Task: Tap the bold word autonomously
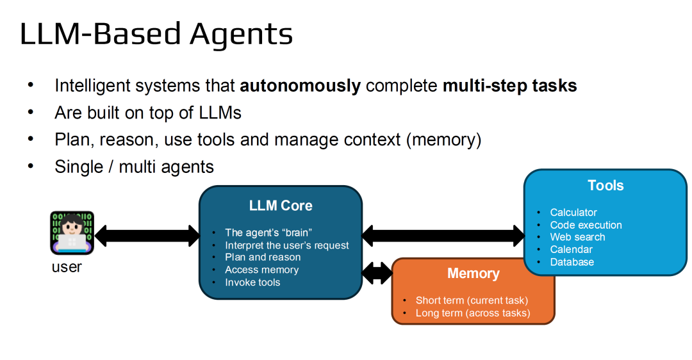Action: pos(300,86)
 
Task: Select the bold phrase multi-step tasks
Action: pos(510,86)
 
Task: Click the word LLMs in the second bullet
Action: pos(220,113)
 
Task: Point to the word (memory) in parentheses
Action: pos(443,140)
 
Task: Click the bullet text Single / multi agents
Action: pos(134,167)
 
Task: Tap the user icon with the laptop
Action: pos(72,233)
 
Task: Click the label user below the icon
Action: pos(67,267)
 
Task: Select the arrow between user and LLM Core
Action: pos(147,236)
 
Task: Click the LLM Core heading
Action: pos(281,206)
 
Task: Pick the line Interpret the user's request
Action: pos(287,245)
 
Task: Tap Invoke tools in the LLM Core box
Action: pos(252,282)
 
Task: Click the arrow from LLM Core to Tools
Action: pos(443,236)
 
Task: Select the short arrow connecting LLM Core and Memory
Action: pos(377,273)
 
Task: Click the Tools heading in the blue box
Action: pos(605,185)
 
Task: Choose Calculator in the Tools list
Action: pos(573,212)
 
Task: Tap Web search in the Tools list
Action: pos(577,237)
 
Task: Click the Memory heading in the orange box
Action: pos(473,274)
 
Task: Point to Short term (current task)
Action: pos(472,300)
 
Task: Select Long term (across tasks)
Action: pos(473,313)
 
